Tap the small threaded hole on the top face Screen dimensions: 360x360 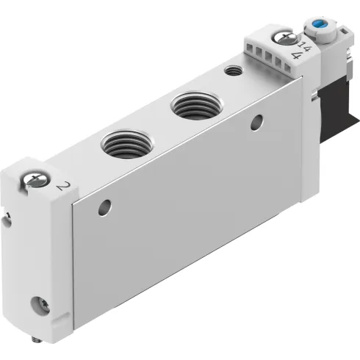coord(233,71)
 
